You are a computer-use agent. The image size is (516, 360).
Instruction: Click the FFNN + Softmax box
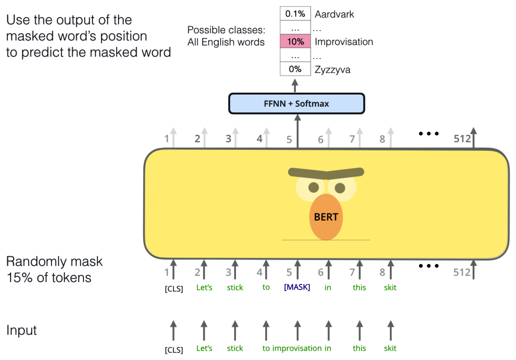(296, 104)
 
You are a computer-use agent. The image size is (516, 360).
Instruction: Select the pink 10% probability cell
(295, 42)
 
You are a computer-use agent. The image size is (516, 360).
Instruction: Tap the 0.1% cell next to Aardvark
(295, 14)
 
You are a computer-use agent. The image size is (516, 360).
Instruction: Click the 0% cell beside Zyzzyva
(295, 69)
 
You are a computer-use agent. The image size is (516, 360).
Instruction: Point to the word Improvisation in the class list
(343, 42)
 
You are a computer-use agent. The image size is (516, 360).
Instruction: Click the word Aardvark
(334, 14)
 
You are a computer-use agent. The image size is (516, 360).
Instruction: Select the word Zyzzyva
(332, 70)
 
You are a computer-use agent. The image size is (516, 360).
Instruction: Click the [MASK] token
(297, 287)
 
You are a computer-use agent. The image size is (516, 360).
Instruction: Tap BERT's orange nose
(326, 217)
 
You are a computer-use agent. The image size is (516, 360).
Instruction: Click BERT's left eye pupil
(313, 188)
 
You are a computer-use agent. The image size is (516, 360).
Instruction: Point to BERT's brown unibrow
(326, 173)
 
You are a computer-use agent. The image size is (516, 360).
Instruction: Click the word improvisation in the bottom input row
(297, 348)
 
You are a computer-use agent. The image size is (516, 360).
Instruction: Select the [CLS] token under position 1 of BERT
(174, 289)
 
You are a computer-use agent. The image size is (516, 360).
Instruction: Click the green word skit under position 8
(390, 288)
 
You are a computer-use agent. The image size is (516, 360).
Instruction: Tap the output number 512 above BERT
(462, 139)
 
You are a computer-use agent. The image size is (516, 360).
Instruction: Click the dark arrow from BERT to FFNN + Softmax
(298, 132)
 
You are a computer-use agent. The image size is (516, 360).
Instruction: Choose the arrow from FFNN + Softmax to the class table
(295, 85)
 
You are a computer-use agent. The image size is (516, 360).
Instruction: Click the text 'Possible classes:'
(226, 30)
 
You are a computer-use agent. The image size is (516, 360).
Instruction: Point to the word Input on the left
(21, 330)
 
